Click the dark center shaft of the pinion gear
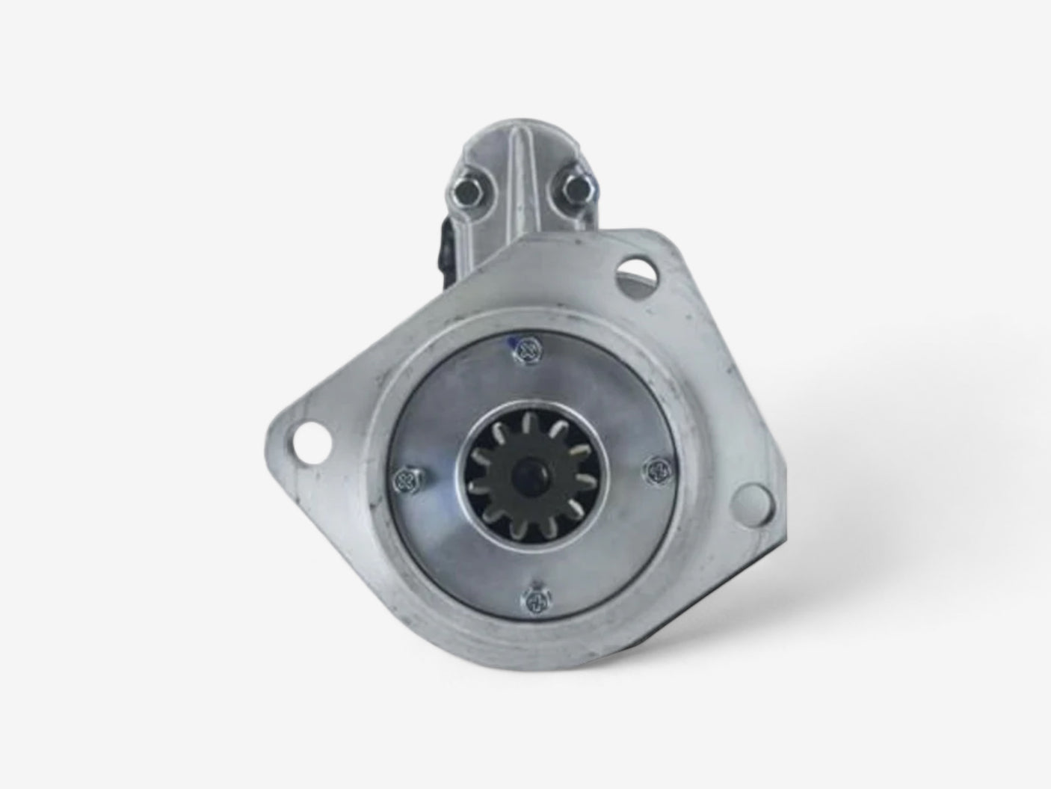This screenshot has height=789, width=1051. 532,473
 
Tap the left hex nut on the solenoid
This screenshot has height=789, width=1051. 466,193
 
